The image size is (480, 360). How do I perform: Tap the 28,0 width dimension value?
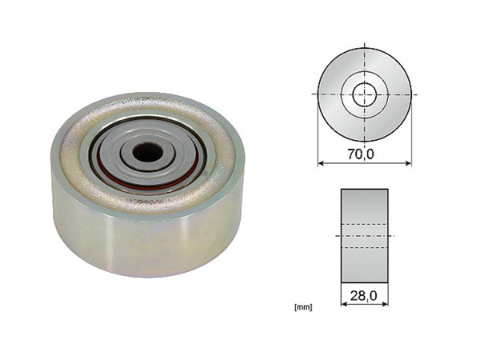[364, 296]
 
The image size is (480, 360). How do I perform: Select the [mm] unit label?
[303, 306]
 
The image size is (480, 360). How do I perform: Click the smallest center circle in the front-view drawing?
[364, 94]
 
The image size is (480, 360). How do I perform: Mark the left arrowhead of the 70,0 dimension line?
[321, 163]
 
